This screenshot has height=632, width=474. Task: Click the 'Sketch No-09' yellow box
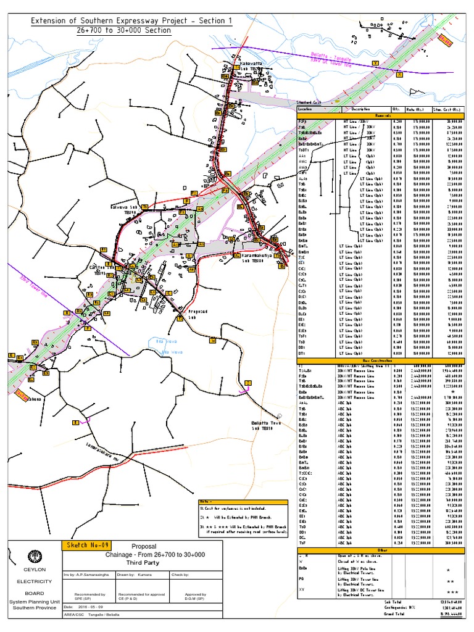click(87, 546)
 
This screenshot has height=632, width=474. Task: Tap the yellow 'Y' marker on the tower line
click(376, 63)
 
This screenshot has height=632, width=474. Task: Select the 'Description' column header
click(361, 109)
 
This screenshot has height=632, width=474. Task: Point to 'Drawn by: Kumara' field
click(137, 575)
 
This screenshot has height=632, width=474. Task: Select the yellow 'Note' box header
click(205, 501)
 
